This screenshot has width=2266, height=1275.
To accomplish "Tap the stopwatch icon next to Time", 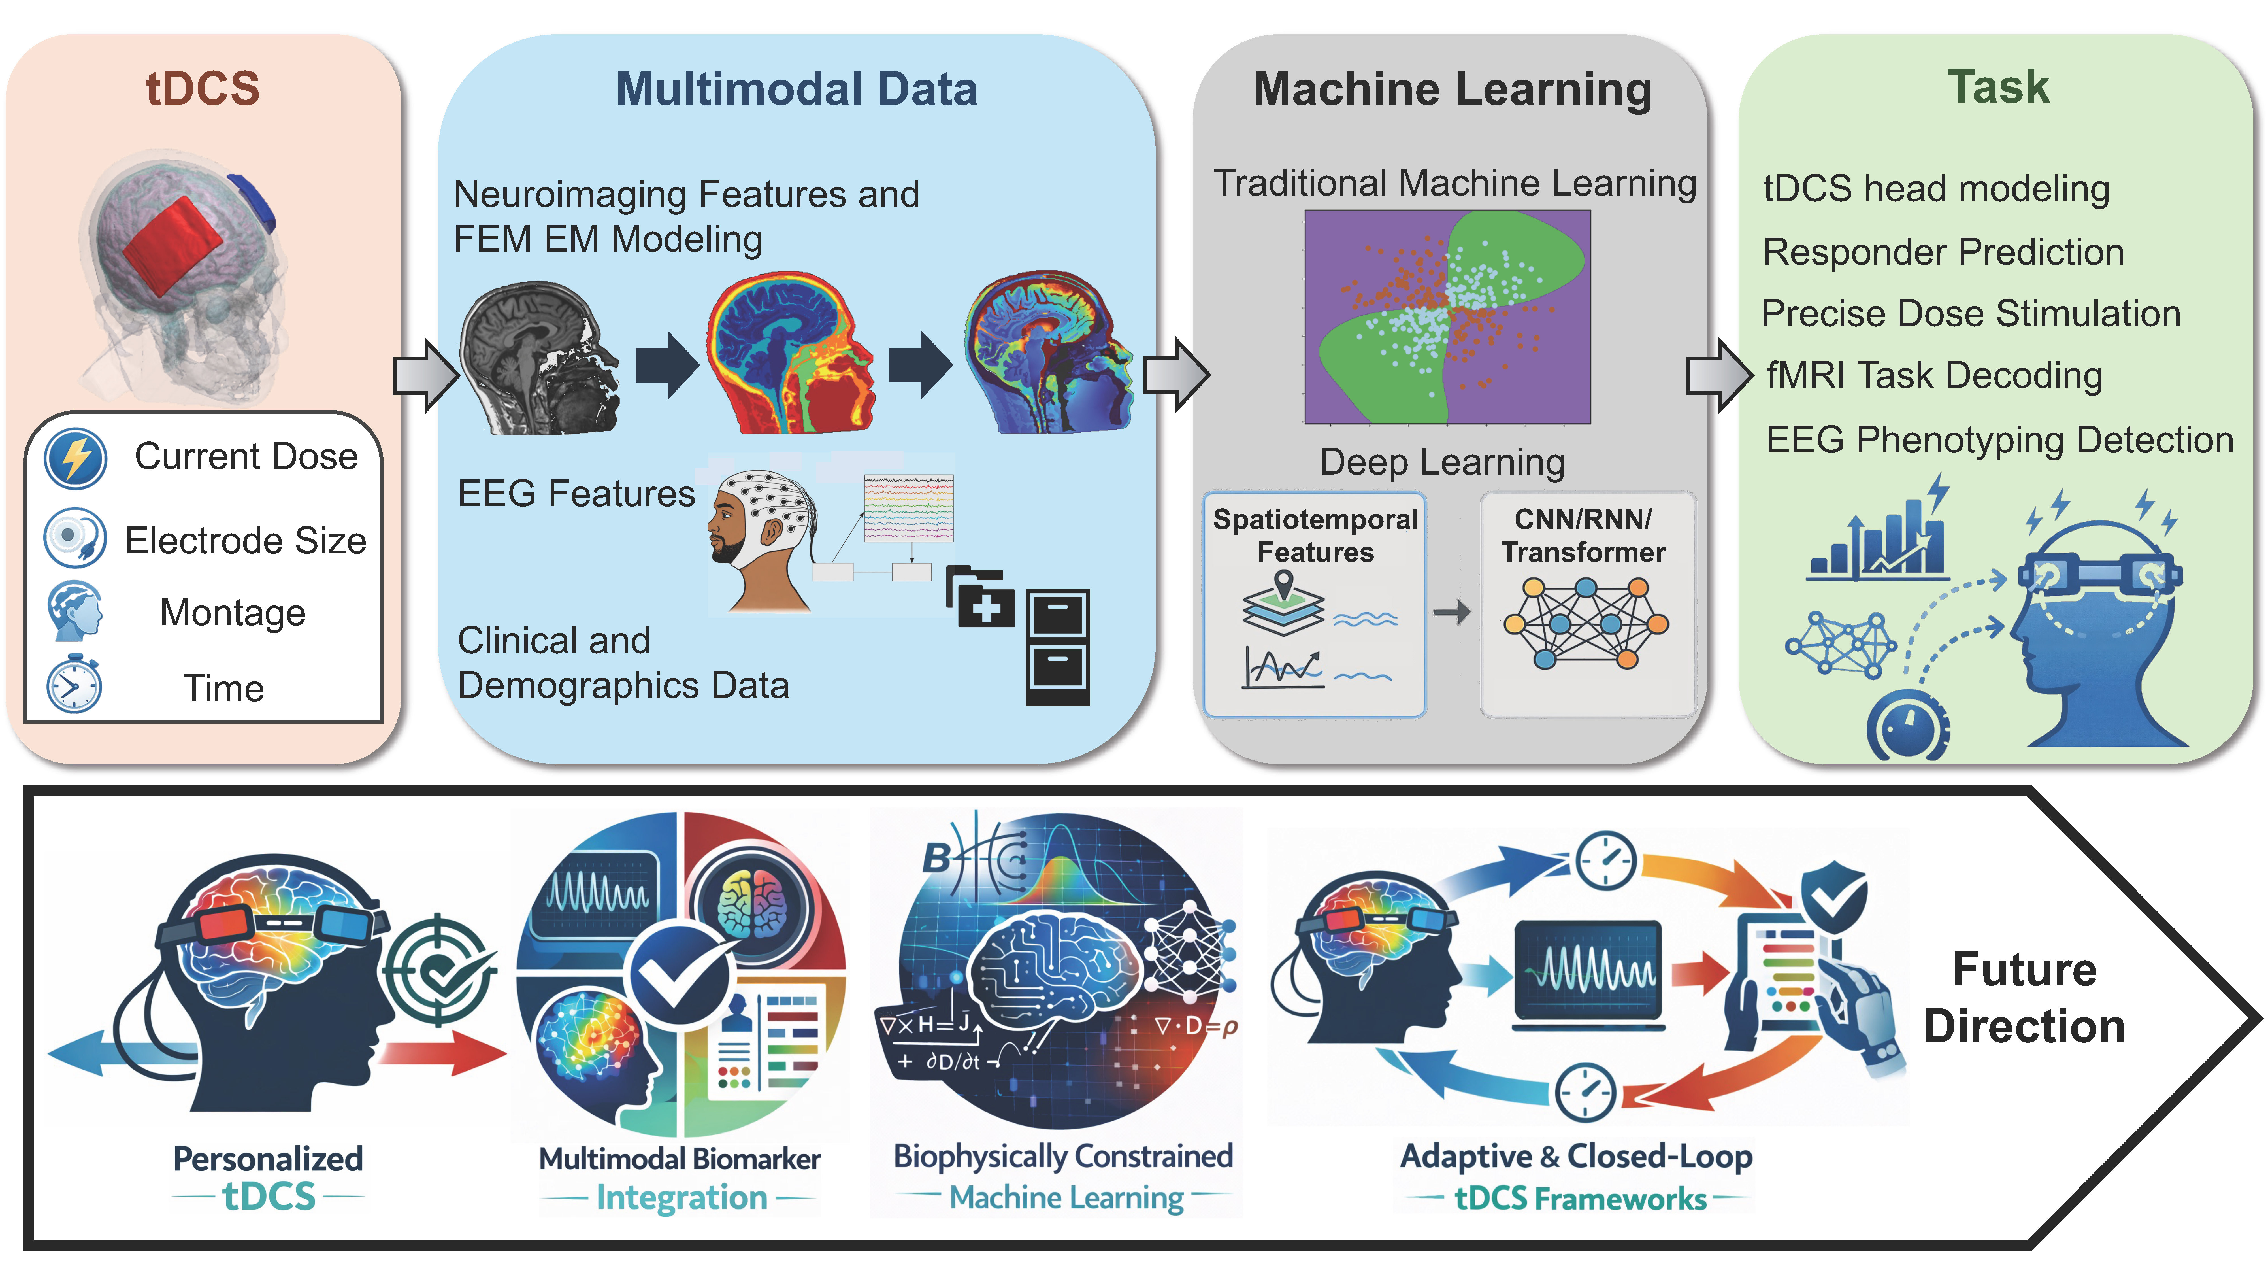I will [x=74, y=684].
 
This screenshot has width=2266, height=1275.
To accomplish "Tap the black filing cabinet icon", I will [x=1057, y=647].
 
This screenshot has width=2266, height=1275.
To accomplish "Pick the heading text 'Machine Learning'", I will [x=1452, y=90].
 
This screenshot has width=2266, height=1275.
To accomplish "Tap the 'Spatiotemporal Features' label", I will [x=1315, y=535].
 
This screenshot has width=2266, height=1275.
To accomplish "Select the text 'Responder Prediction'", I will [x=1943, y=252].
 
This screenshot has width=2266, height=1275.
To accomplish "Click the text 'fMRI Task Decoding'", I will [x=1934, y=376].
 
